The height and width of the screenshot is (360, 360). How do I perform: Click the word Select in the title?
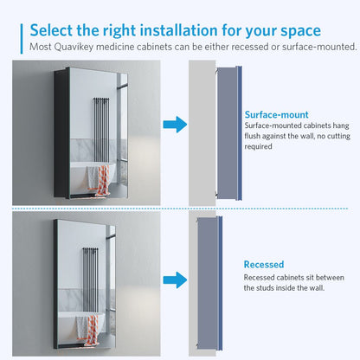pos(54,30)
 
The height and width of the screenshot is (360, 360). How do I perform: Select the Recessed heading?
pos(263,264)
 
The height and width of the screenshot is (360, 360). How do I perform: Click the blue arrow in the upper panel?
pos(176,126)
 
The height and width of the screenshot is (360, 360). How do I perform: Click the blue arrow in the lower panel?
pos(176,279)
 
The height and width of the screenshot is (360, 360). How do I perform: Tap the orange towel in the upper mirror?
pos(101,179)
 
